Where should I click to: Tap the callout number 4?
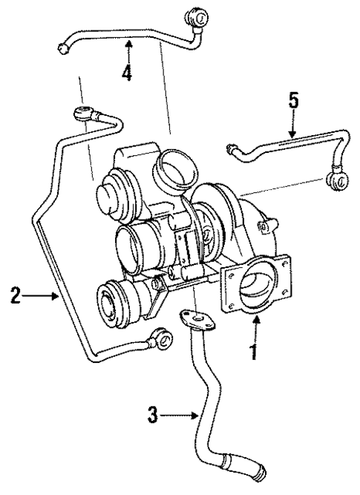tap(128, 72)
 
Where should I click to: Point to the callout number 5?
tap(294, 101)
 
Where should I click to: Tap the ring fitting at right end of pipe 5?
tap(336, 178)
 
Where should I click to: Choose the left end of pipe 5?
tap(232, 152)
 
